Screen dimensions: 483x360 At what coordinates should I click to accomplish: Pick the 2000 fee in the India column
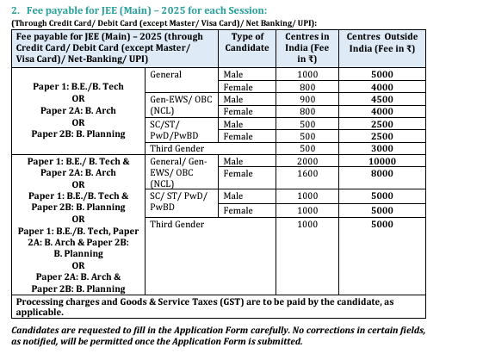(x=307, y=161)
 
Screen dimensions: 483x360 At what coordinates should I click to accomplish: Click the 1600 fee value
(x=307, y=173)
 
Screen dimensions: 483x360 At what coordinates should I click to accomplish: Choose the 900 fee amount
(x=307, y=99)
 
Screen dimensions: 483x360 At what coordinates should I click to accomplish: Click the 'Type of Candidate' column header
(x=249, y=44)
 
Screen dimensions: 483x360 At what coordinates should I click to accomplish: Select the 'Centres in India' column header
(x=307, y=44)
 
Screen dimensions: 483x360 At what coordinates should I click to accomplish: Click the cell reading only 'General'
(x=165, y=75)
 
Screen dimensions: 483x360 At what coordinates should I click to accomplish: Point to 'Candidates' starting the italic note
(x=38, y=329)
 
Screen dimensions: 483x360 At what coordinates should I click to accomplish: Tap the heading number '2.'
(x=15, y=9)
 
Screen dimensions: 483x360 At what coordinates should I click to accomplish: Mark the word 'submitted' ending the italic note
(x=278, y=341)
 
